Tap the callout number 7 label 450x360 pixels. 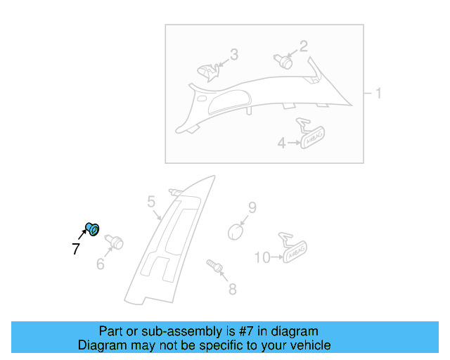click(x=76, y=248)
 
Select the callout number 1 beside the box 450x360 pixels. click(x=378, y=94)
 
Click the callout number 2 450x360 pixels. click(x=304, y=47)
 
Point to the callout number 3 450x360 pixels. click(x=233, y=55)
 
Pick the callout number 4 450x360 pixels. click(x=281, y=143)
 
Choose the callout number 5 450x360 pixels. click(x=151, y=203)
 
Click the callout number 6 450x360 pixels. click(x=101, y=264)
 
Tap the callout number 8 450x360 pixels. click(x=232, y=288)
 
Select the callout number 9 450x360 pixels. click(x=252, y=207)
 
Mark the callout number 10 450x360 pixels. click(x=262, y=258)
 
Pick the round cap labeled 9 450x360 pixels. click(x=238, y=231)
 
